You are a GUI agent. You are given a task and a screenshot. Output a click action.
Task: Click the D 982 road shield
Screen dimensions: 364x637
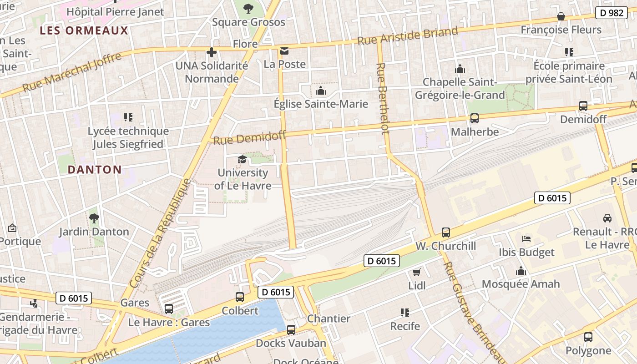(612, 13)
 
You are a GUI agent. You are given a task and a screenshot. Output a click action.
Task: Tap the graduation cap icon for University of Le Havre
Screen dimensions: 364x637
(242, 159)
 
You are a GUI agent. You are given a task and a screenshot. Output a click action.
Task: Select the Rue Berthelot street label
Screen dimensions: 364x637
(383, 98)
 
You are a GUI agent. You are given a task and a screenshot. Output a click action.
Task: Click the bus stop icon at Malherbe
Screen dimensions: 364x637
(475, 118)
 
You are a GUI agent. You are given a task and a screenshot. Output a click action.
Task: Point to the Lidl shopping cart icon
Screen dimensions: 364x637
(416, 272)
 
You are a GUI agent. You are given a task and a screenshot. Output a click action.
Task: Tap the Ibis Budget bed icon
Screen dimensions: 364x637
(526, 238)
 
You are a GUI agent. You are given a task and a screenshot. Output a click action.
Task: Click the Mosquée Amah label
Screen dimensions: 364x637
(521, 284)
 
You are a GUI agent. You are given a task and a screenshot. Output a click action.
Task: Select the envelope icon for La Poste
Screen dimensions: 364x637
(284, 51)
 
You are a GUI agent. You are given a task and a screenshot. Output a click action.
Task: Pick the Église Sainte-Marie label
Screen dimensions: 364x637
(321, 104)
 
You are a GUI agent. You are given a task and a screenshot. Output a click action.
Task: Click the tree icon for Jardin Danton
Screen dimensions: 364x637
(94, 218)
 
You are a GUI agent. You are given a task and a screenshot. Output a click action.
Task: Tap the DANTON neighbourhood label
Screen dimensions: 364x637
(95, 170)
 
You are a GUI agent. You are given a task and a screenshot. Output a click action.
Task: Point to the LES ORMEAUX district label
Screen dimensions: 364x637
(84, 30)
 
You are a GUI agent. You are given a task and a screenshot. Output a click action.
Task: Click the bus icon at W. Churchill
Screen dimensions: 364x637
(446, 233)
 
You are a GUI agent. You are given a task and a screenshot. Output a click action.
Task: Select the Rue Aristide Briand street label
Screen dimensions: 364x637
(407, 36)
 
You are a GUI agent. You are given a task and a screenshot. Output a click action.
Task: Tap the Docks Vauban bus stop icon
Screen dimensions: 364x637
(291, 330)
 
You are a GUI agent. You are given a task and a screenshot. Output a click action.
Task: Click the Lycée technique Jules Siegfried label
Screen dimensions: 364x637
(128, 137)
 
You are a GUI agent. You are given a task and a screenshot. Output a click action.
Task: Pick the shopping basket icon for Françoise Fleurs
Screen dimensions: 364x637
(561, 16)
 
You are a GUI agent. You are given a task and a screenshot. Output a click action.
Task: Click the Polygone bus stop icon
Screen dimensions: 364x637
(588, 337)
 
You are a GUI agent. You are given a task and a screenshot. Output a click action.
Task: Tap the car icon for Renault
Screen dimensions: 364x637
(607, 218)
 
